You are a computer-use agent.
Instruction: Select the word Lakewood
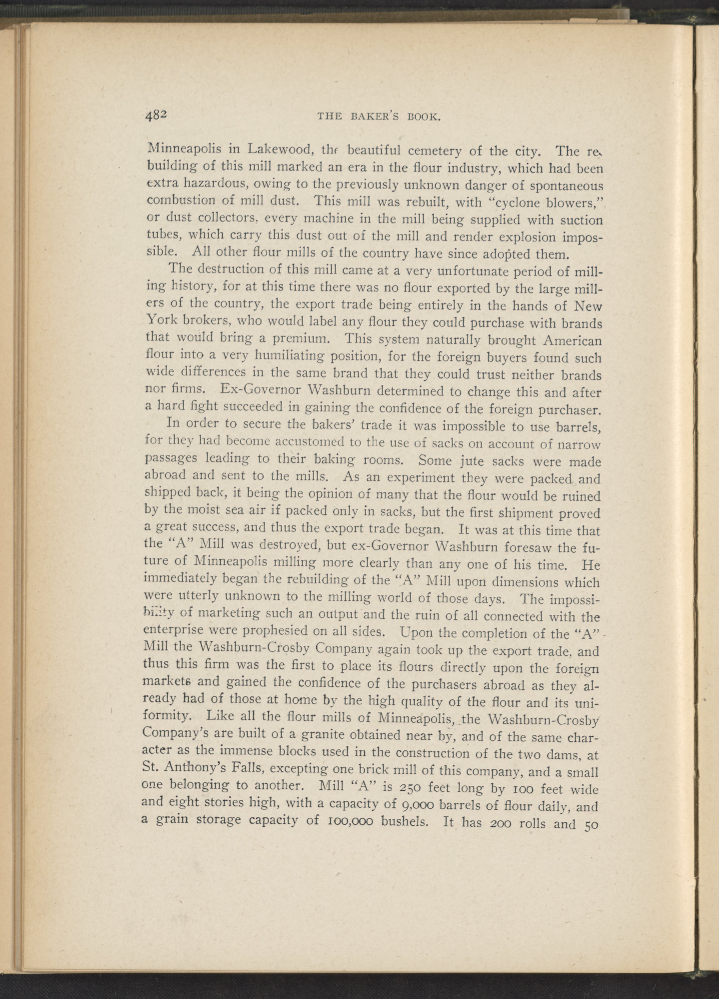coord(280,150)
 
